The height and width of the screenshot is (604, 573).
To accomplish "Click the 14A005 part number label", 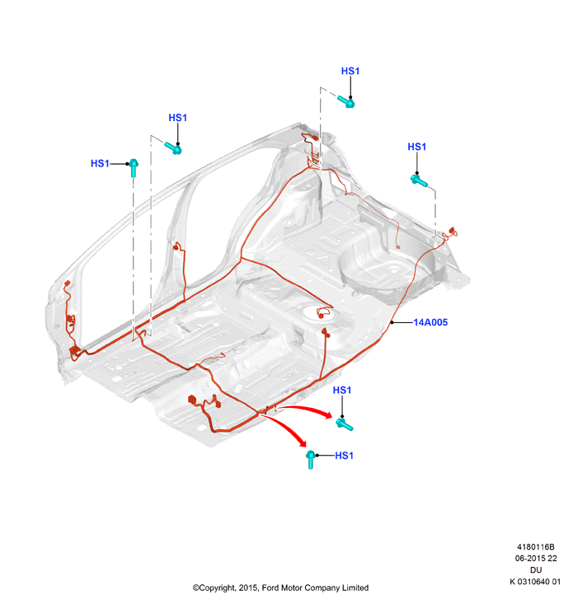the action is click(430, 322).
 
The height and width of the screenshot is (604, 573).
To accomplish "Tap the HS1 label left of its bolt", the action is click(100, 164).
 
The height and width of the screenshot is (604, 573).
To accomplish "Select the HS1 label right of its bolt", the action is click(344, 456).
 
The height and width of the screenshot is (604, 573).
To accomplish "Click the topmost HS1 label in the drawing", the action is click(350, 71).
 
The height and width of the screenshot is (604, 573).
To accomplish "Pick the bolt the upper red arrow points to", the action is click(344, 424).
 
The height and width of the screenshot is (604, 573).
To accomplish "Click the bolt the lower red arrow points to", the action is click(310, 460).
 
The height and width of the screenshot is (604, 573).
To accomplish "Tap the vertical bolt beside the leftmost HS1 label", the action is click(134, 167).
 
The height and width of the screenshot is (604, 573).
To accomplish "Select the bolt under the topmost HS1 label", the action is click(346, 101).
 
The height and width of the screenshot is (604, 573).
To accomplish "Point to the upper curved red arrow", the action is click(304, 410).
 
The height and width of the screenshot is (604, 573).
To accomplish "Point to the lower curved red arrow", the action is click(287, 428).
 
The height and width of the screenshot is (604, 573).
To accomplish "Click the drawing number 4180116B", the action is click(536, 547).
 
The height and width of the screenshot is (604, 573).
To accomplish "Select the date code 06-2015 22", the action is click(536, 559).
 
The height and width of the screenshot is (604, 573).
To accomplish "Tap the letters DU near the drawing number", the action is click(536, 570).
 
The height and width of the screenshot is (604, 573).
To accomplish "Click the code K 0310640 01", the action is click(535, 582).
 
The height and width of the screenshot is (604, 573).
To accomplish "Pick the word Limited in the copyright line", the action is click(355, 588).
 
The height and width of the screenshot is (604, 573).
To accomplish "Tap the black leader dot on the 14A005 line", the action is click(392, 322).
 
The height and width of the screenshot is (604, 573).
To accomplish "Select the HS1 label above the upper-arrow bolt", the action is click(342, 391).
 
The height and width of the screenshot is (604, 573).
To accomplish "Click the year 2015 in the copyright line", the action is click(248, 588).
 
